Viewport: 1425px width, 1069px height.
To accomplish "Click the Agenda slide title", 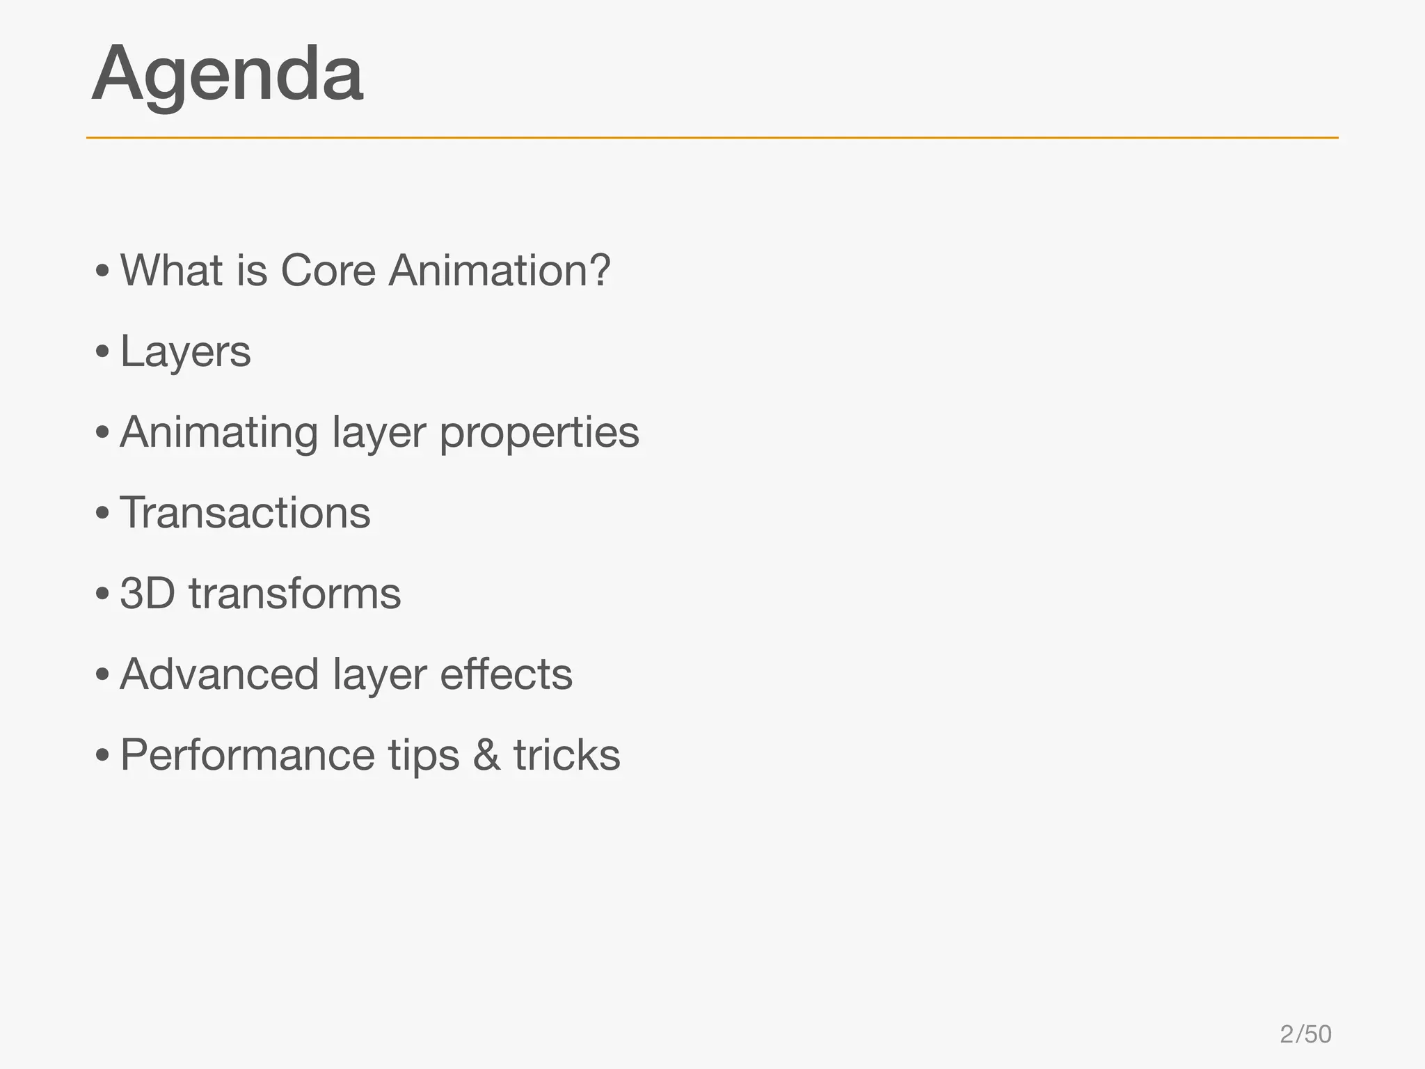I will click(227, 75).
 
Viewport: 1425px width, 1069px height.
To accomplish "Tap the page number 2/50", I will click(1305, 1034).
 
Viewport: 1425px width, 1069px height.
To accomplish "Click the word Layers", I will click(185, 352).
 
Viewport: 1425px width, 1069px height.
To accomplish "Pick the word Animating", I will click(218, 433).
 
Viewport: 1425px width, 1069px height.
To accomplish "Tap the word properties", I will click(539, 433).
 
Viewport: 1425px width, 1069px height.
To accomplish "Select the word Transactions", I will click(245, 514).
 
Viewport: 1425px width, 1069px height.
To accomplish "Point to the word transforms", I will click(295, 594).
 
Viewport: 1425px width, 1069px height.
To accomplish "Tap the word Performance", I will click(247, 756).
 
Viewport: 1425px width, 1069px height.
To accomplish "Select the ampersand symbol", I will click(486, 756).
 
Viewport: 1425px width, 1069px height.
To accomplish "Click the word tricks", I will click(566, 756).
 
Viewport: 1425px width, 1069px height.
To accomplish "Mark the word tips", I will click(424, 756).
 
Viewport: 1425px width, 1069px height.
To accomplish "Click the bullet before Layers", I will click(102, 353).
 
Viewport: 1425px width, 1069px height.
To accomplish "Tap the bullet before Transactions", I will click(102, 514).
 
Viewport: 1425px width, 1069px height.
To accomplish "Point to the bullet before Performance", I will click(102, 756).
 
